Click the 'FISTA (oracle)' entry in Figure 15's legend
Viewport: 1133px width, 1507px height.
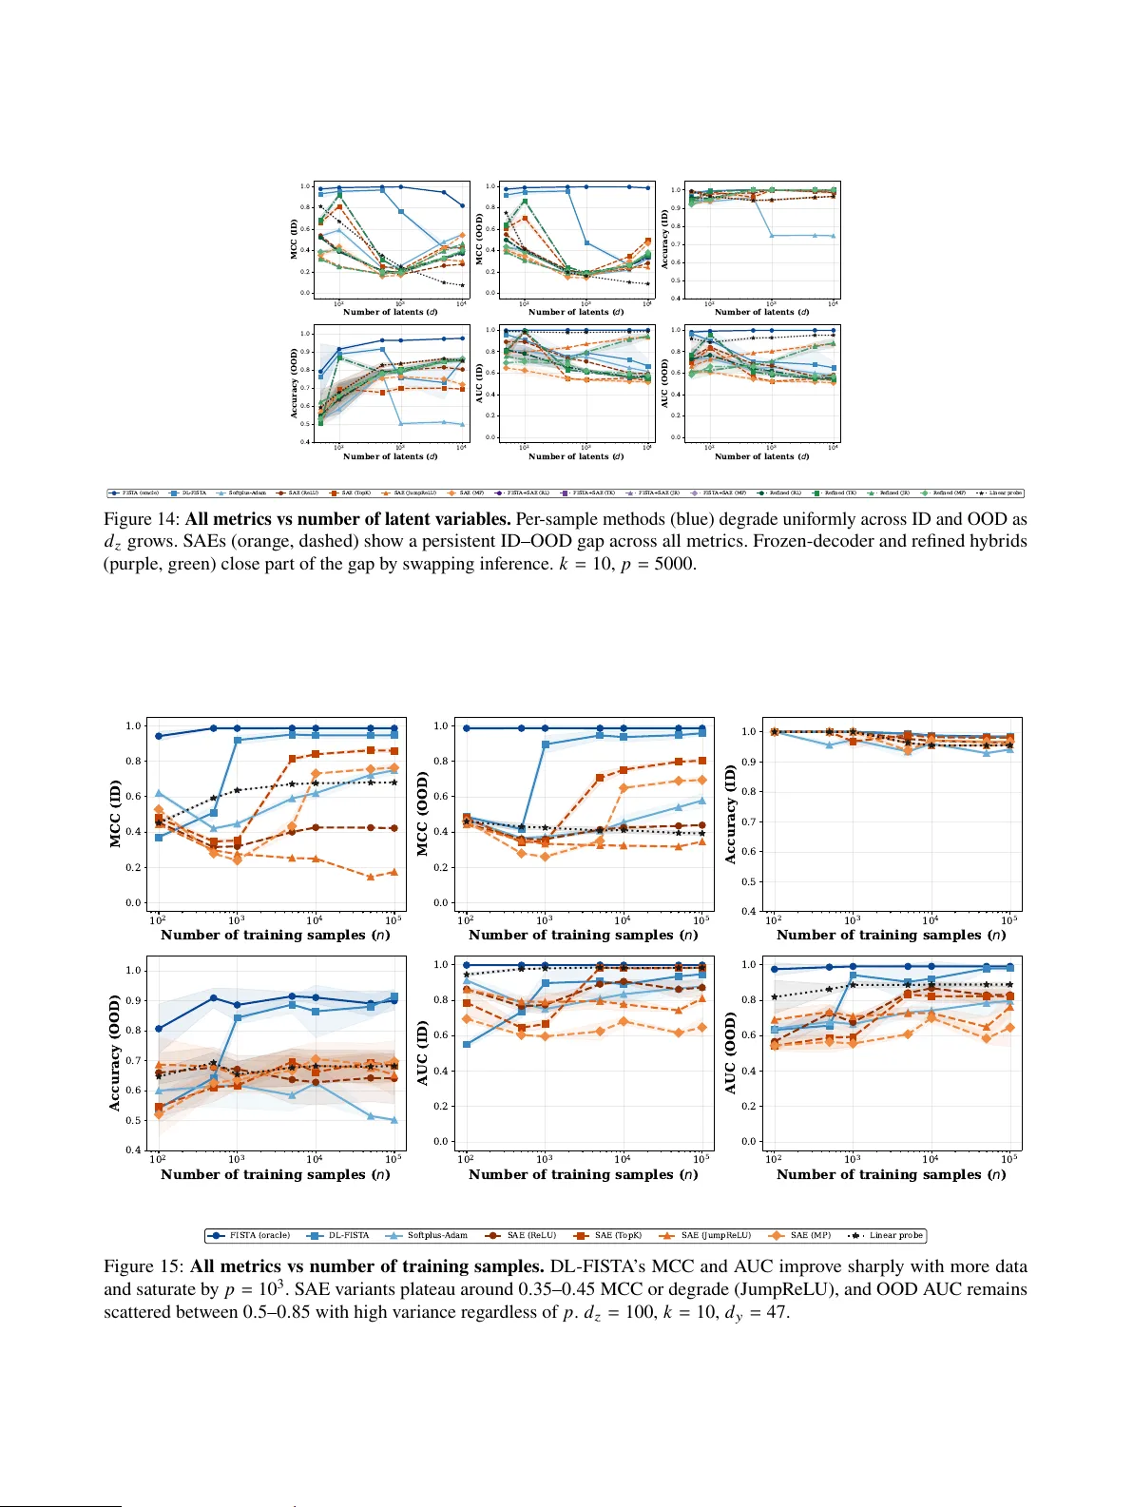tap(259, 1235)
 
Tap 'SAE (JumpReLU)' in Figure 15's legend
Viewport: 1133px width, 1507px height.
tap(715, 1235)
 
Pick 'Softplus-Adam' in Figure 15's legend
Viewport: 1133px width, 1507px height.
tap(437, 1235)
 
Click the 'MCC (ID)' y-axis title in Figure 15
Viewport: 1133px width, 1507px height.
tap(116, 814)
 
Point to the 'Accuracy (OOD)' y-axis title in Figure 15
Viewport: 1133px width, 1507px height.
tap(116, 1053)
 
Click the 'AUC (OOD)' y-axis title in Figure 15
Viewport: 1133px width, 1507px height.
tap(731, 1053)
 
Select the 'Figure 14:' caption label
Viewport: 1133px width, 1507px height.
tap(142, 519)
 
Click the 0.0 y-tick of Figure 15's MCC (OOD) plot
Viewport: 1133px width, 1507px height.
tap(441, 902)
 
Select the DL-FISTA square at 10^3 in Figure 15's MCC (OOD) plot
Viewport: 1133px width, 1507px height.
tap(546, 744)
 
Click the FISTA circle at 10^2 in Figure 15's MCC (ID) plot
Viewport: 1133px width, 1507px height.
tap(159, 736)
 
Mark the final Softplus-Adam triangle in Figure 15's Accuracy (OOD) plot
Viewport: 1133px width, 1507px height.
tap(394, 1120)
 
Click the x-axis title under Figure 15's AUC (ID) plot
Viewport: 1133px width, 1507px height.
tap(583, 1174)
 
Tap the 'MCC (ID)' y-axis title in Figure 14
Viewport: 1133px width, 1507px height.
tap(294, 240)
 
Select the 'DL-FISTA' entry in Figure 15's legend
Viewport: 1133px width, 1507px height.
tap(348, 1235)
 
